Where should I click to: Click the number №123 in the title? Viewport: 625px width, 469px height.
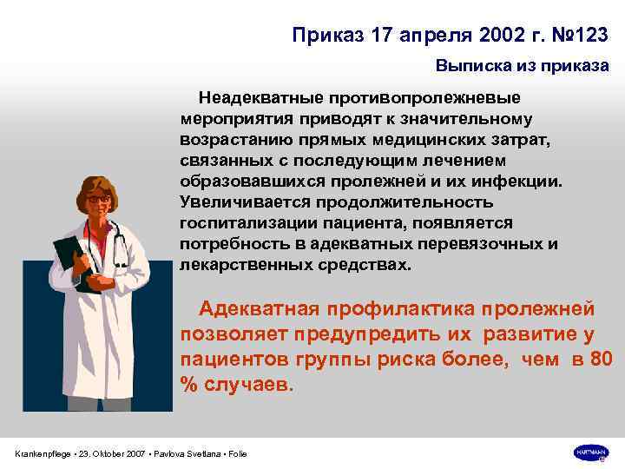click(x=576, y=35)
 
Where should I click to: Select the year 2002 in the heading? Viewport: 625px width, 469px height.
click(x=467, y=35)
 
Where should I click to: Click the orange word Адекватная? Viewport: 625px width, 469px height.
click(x=264, y=308)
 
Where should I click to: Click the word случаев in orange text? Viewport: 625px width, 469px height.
click(x=250, y=384)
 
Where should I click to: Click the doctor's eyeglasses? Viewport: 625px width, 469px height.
click(x=98, y=199)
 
